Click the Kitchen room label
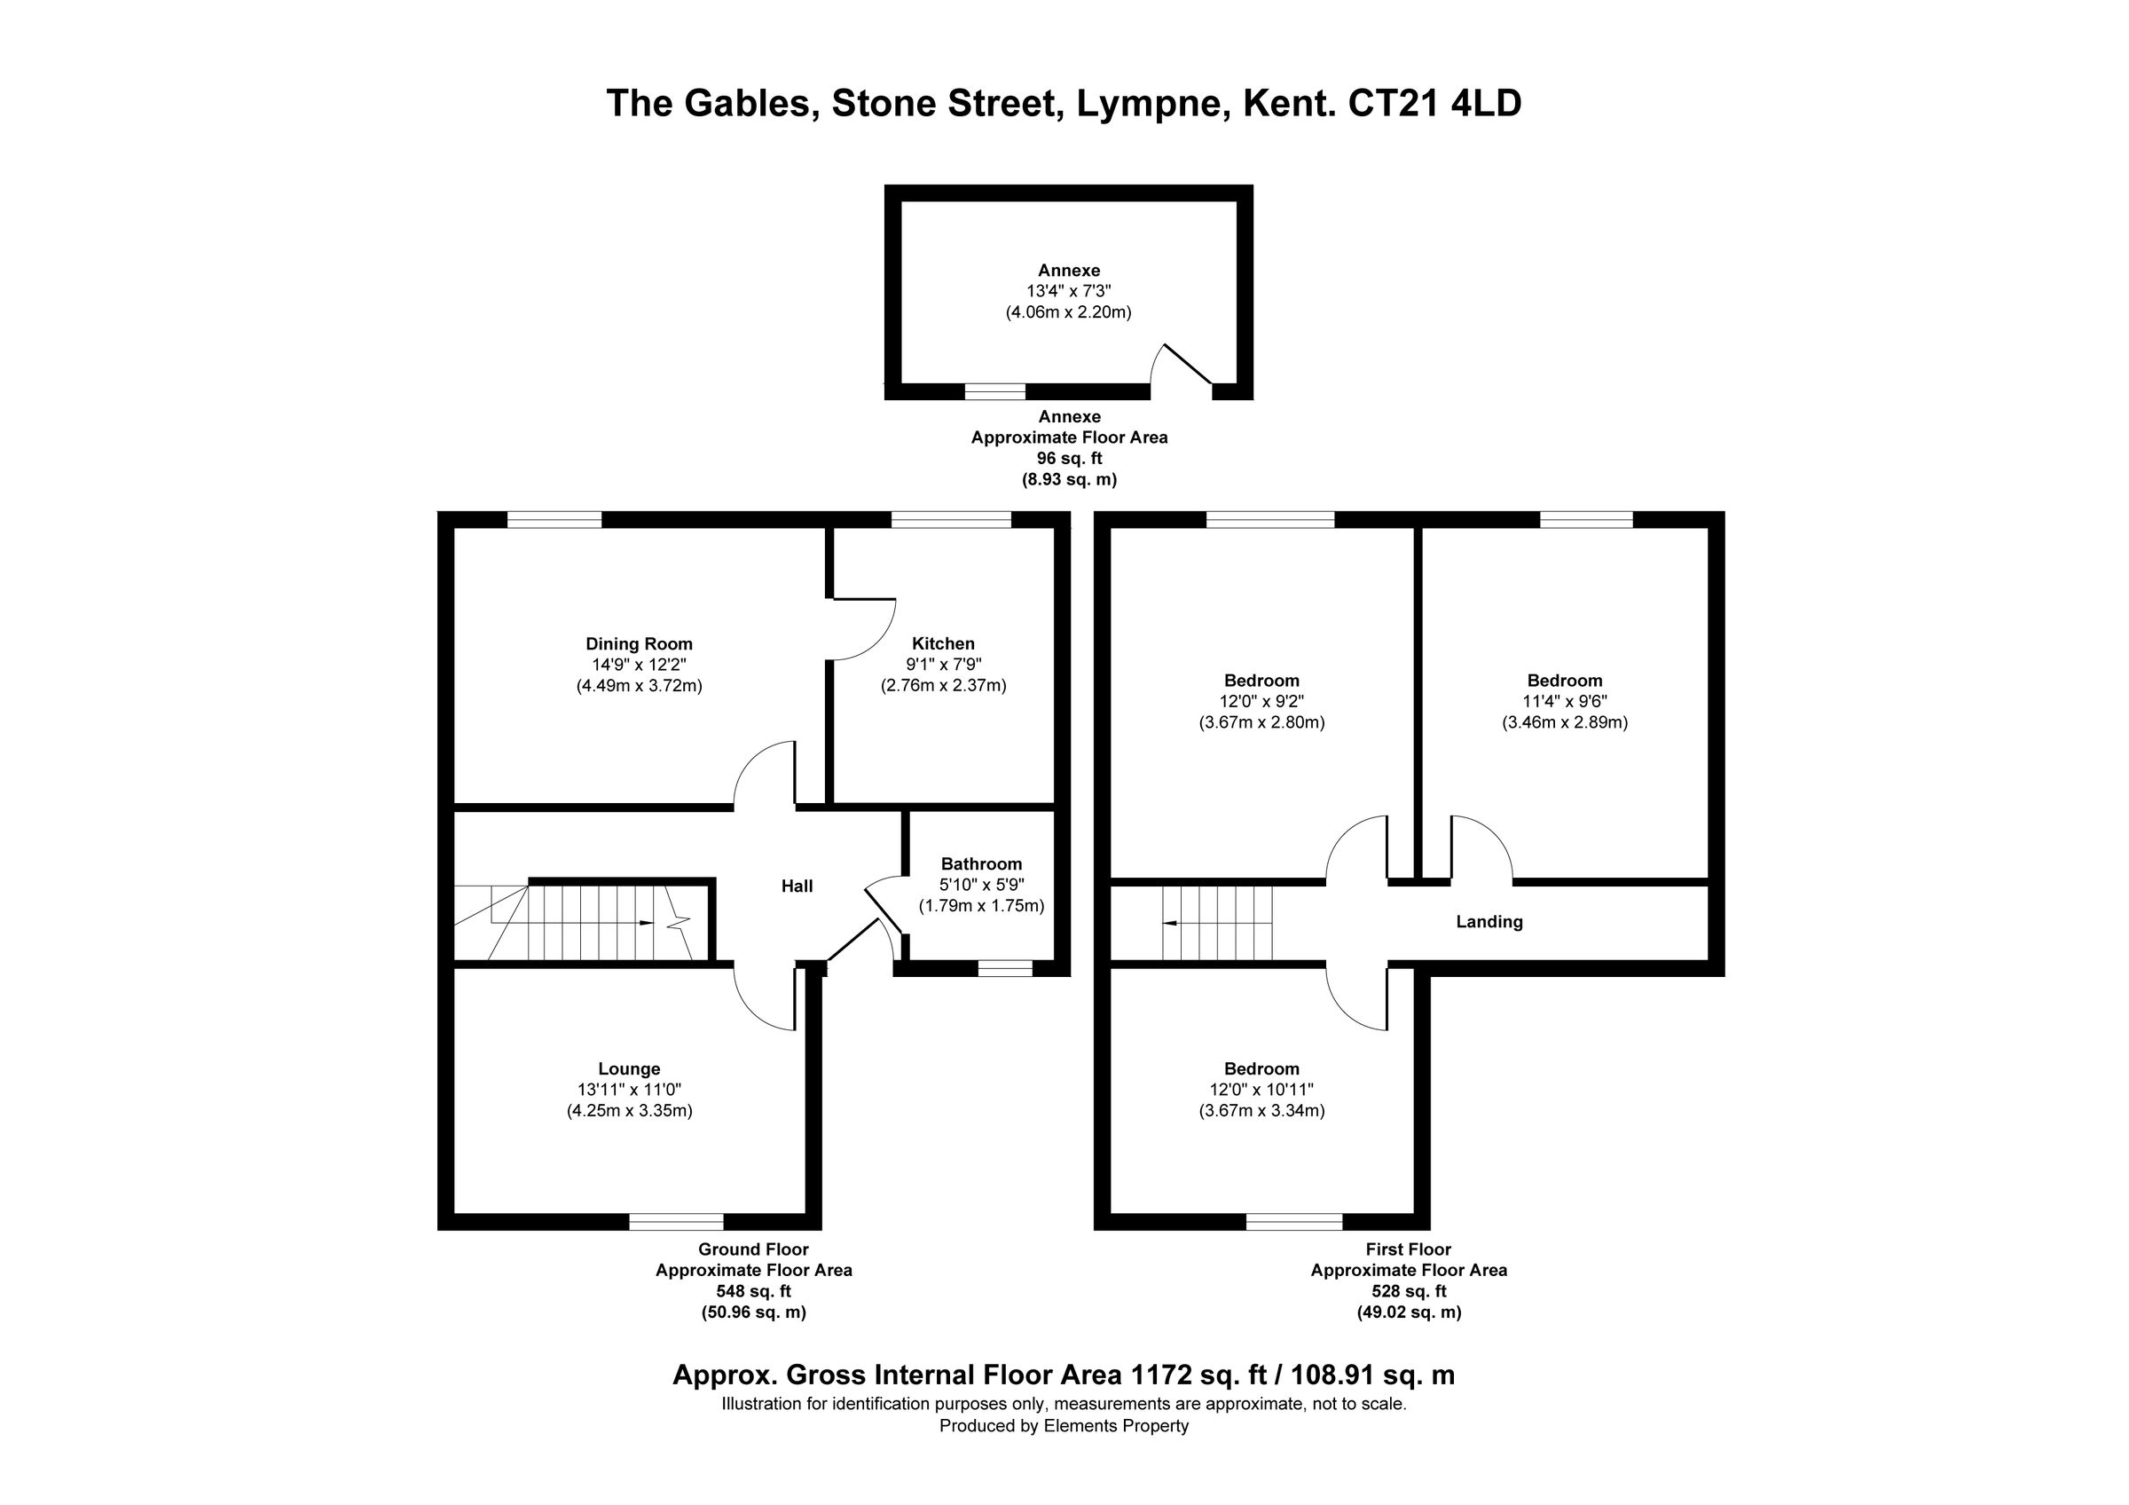coord(943,643)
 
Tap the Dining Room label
coord(639,643)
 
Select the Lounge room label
coord(630,1069)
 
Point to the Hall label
coord(797,886)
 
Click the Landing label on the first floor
coord(1489,922)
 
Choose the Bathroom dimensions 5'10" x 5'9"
coord(981,885)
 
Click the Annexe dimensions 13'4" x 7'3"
coord(1068,291)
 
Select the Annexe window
coord(995,392)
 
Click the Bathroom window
coord(1006,969)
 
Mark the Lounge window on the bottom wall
coord(677,1222)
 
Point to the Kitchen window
coord(950,519)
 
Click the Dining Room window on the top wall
coord(554,519)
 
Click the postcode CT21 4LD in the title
coord(1434,104)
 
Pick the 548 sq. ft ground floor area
coord(753,1291)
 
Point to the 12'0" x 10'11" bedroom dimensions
coord(1261,1090)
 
